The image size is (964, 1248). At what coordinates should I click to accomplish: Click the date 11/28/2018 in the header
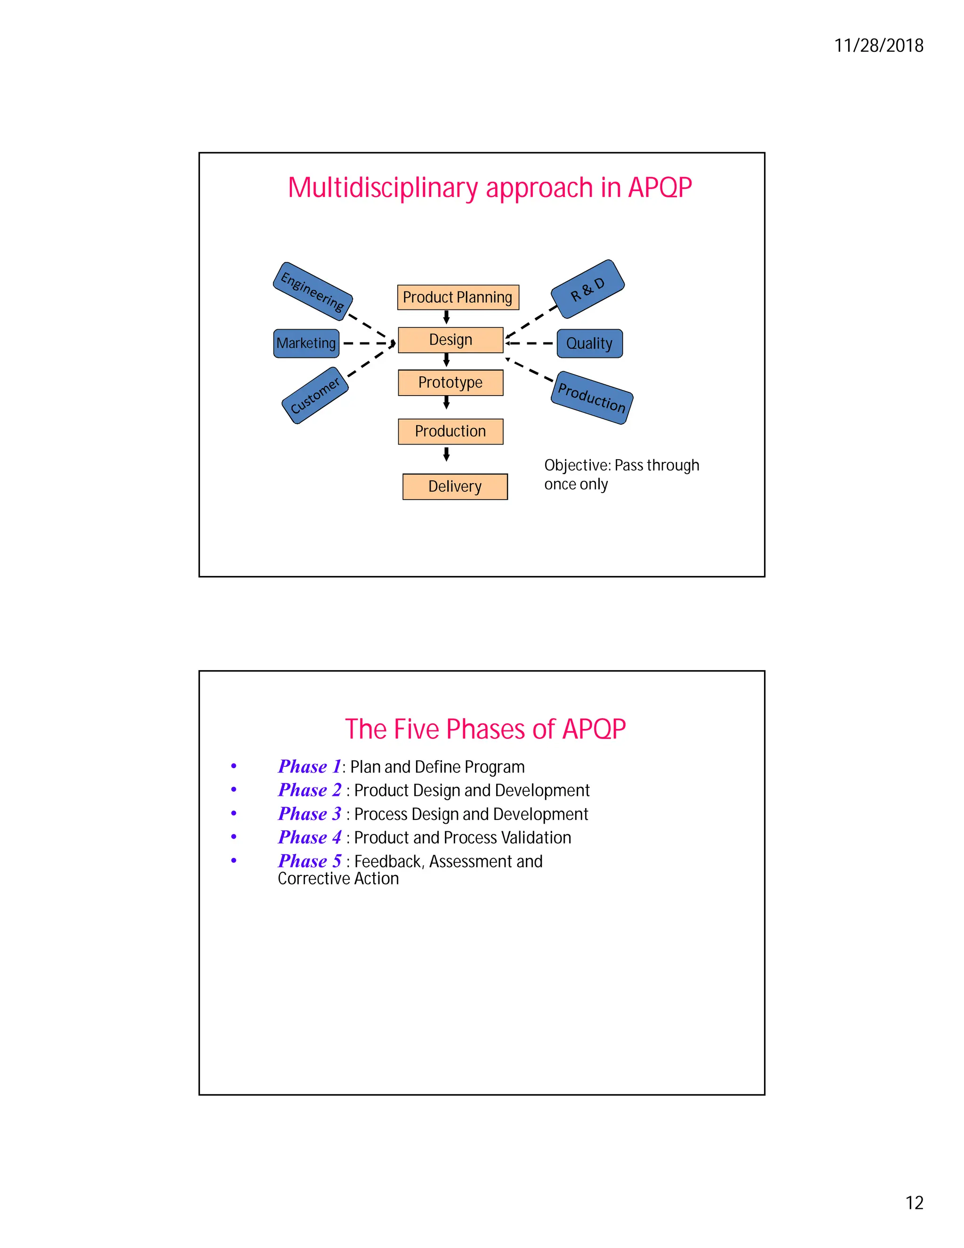coord(878,46)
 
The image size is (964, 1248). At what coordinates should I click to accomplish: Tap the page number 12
coord(914,1202)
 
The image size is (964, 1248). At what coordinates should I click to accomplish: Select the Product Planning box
coord(458,297)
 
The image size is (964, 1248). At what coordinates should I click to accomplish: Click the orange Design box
coord(450,340)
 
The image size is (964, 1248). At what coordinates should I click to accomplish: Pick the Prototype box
coord(450,382)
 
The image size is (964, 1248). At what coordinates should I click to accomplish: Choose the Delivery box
coord(455,486)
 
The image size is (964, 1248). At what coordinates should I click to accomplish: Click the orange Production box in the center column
coord(450,431)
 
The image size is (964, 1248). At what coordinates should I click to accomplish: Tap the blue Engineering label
coord(313,292)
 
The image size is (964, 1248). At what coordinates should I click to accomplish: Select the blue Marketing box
coord(306,343)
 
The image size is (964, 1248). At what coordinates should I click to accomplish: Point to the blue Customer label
coord(315,396)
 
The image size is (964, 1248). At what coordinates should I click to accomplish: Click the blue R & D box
coord(587,289)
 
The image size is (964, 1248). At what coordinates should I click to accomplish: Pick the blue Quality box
coord(589,343)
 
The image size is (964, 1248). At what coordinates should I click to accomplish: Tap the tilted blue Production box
coord(592,398)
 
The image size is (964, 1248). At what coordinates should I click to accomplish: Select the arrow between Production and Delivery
coord(447,454)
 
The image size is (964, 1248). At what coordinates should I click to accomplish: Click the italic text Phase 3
coord(310,813)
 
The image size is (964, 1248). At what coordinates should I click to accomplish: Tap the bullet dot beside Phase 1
coord(233,766)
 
